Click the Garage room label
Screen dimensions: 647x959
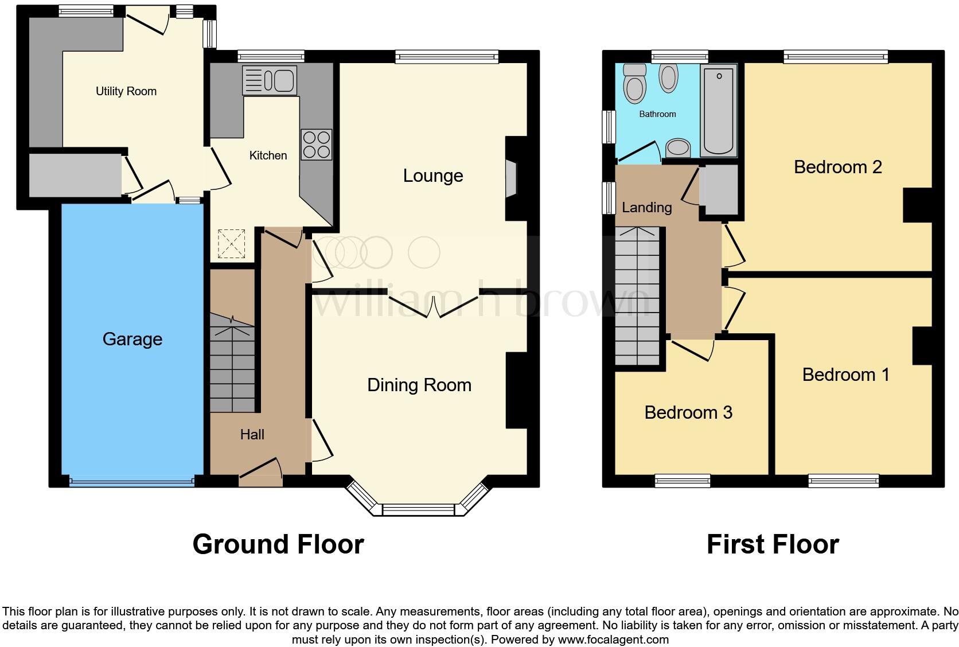[x=132, y=339]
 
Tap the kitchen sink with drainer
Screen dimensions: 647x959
[x=268, y=80]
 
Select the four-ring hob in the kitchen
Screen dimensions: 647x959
[x=316, y=145]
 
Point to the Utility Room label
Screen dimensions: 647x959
[x=126, y=91]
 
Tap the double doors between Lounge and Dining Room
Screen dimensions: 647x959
[x=434, y=306]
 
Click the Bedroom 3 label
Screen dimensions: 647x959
[x=688, y=412]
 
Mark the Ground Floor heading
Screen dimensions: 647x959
[x=278, y=544]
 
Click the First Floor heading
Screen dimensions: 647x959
[x=773, y=544]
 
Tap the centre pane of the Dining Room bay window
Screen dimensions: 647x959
[x=418, y=509]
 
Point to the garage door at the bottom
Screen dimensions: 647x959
[x=132, y=482]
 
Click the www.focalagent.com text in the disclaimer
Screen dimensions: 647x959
[x=613, y=639]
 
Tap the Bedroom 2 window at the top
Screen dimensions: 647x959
[x=836, y=56]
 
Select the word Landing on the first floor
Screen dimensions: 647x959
[x=646, y=207]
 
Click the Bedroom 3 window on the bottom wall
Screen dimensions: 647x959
[x=683, y=481]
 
